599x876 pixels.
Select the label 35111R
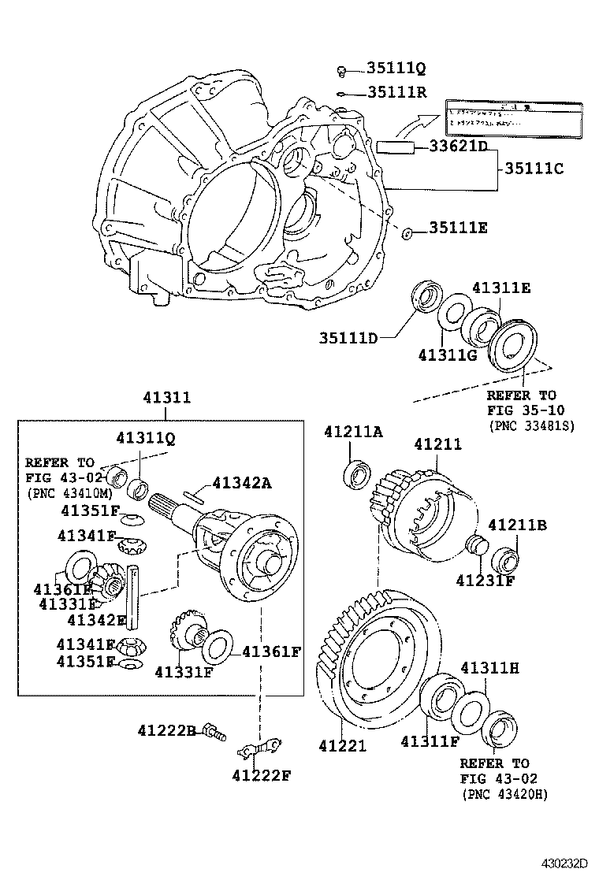tap(396, 92)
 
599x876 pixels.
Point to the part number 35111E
tap(458, 228)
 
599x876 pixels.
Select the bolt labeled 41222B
tap(211, 732)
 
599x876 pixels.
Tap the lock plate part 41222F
tap(259, 745)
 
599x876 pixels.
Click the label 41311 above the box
tap(166, 398)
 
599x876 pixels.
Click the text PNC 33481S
tap(531, 425)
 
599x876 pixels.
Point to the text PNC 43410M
tap(67, 493)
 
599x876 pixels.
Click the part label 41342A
tap(241, 483)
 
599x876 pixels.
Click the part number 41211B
tap(517, 525)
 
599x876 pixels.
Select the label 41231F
tap(485, 581)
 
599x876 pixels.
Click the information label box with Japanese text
tap(514, 119)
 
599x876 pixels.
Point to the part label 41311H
tap(489, 668)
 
